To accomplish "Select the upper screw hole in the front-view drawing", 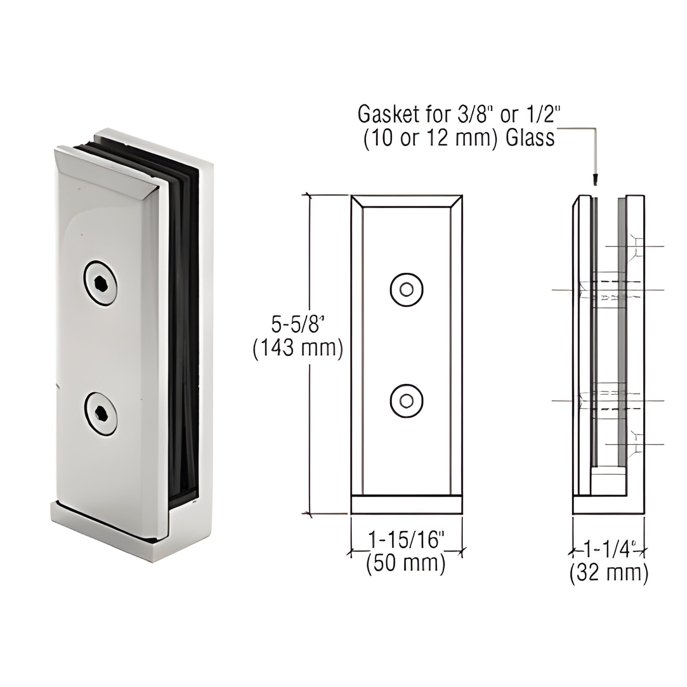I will click(406, 290).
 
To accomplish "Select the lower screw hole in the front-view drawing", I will click(406, 401).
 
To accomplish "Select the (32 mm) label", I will click(609, 574).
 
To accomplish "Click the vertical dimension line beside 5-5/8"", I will click(310, 427).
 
